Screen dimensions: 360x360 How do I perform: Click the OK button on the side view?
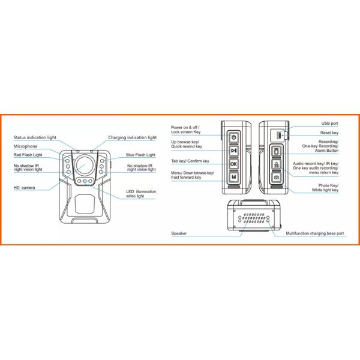[234, 164]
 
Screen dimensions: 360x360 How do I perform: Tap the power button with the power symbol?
[234, 137]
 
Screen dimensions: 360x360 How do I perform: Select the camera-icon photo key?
[277, 178]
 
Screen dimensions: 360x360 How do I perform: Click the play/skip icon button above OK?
[234, 151]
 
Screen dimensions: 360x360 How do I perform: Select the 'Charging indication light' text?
[132, 137]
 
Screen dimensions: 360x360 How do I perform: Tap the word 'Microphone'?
[26, 146]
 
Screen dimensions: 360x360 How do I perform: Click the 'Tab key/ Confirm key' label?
[190, 161]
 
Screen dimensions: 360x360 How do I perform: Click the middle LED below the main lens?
[86, 181]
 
